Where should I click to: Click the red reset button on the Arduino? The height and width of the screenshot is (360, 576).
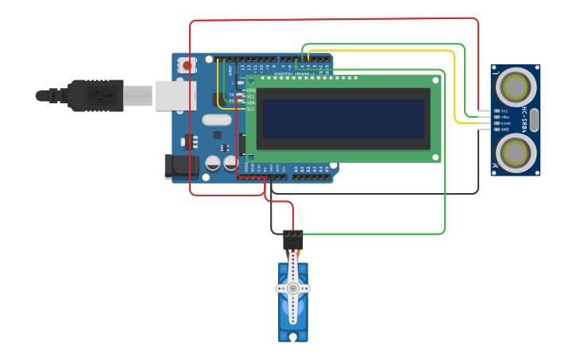187,65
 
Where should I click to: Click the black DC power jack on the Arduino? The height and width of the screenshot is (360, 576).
180,165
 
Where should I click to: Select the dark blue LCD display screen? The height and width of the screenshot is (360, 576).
342,118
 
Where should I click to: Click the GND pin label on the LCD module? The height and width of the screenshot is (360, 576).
251,90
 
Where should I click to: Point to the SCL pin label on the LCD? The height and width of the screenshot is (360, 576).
251,109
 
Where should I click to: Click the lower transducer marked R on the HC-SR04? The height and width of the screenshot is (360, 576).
516,150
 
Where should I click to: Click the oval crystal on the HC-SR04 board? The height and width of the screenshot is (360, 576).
534,120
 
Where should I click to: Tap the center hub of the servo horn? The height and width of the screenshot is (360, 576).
293,288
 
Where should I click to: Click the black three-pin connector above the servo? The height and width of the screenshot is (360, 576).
293,238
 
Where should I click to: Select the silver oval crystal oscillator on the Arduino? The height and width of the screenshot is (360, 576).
216,120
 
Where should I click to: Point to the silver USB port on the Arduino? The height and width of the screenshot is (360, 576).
175,95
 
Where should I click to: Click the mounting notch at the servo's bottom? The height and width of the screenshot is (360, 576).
293,338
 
